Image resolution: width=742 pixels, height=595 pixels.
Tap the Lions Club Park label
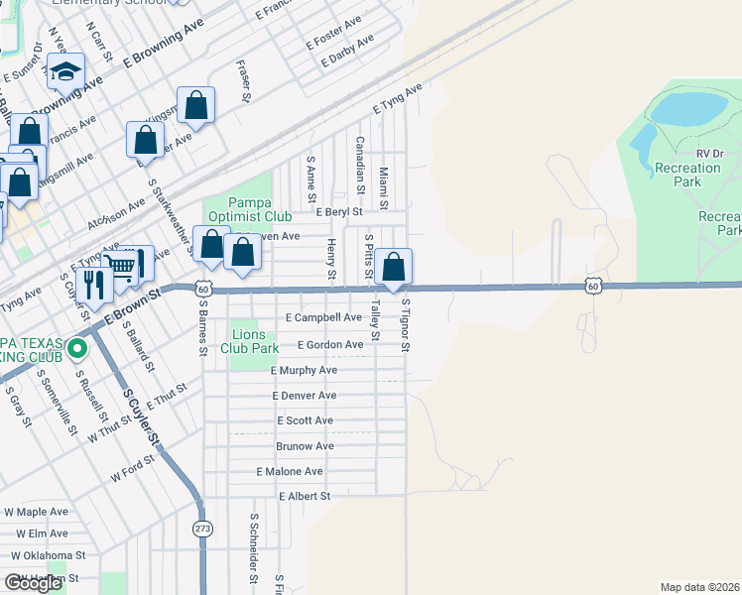[254, 341]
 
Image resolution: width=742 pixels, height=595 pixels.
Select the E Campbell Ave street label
[323, 318]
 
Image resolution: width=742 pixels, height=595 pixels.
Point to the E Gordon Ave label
[330, 345]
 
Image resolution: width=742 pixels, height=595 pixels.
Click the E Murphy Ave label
[304, 370]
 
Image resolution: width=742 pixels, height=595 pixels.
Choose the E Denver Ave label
[305, 396]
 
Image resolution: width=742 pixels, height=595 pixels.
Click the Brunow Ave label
[305, 446]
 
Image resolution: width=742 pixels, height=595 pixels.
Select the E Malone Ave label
[290, 472]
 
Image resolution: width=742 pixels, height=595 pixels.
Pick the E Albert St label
[304, 496]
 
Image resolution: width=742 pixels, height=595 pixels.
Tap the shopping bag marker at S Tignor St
[394, 267]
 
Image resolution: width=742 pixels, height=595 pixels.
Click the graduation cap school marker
[66, 71]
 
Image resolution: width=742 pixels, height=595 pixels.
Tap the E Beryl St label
[339, 211]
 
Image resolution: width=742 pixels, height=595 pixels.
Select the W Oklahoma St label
[50, 556]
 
